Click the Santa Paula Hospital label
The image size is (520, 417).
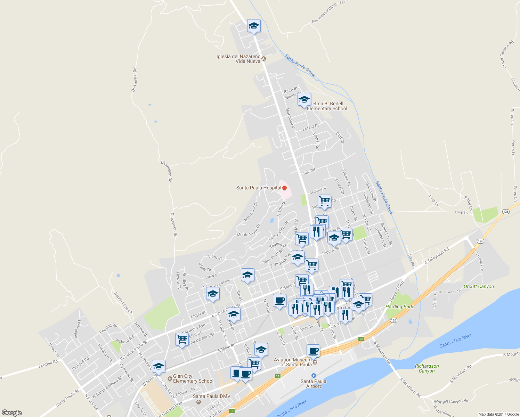point(259,188)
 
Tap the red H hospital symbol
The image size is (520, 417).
point(285,188)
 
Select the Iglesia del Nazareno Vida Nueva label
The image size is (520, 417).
point(238,59)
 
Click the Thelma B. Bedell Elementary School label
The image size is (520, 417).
point(327,106)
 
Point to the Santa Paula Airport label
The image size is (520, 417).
point(314,384)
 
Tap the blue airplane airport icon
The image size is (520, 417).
point(314,375)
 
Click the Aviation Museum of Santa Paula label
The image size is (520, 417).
point(293,362)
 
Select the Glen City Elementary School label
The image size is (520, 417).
point(193,378)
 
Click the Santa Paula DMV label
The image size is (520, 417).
point(211,396)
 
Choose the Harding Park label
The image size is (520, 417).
point(399,306)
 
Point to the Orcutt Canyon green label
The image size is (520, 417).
point(479,287)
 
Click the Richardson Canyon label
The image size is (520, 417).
point(427,368)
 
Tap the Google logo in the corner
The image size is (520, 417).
point(12,412)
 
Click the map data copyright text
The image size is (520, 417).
point(498,414)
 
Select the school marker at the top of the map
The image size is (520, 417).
point(254,26)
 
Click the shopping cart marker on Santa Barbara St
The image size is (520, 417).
point(182,339)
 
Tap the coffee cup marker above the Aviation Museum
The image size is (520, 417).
point(313,351)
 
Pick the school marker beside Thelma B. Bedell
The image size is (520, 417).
point(304,100)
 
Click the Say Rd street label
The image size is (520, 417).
point(309,172)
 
